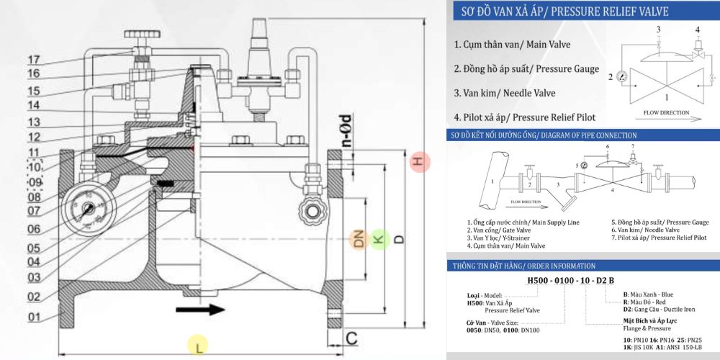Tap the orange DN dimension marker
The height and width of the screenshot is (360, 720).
[359, 238]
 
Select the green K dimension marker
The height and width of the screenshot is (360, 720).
[379, 238]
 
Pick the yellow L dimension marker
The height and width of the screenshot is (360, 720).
[198, 346]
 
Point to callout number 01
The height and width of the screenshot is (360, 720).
[33, 316]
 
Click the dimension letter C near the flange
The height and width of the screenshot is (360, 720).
[352, 338]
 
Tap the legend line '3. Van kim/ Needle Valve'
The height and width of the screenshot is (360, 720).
[513, 93]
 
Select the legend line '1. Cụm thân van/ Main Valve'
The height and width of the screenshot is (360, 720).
[512, 45]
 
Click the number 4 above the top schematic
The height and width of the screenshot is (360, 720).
[696, 30]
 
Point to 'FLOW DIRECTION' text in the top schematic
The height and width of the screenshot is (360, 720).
[662, 113]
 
